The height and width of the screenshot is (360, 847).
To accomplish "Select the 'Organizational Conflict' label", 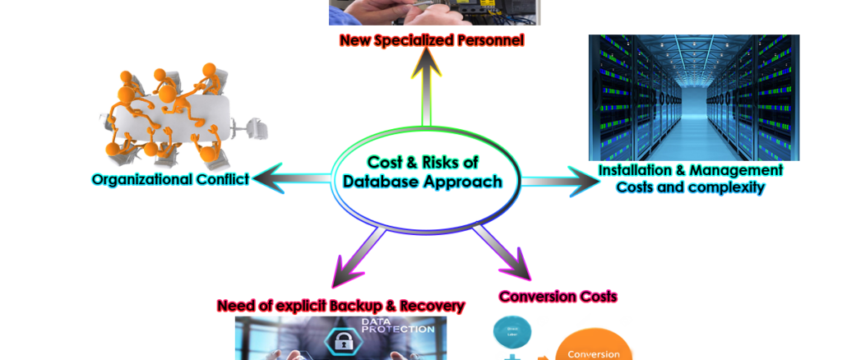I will point(170,179).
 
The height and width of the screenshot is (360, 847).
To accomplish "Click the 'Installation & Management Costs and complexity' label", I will point(690,178).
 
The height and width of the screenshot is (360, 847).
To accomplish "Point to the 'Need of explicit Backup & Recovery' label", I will point(341,306).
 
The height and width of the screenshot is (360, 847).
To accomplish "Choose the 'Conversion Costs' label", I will point(558,296).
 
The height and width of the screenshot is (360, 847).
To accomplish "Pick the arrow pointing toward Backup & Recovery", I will point(358,257).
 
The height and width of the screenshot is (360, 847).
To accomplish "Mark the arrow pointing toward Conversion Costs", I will point(503,252).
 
